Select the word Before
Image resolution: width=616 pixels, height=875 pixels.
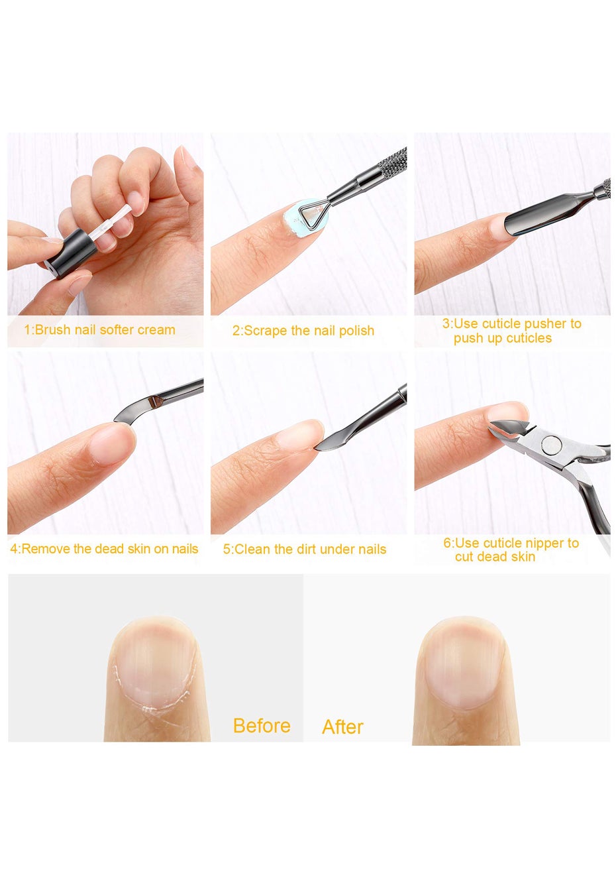coord(262,725)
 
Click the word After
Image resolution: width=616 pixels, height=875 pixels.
coord(342,727)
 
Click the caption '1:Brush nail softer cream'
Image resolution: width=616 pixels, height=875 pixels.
coord(99,329)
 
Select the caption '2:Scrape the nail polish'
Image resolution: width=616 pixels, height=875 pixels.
coord(303,331)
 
